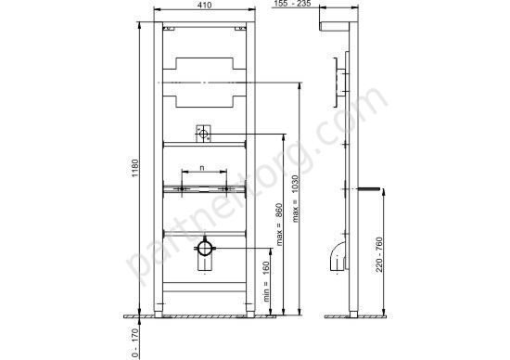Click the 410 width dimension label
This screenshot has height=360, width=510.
coord(204,5)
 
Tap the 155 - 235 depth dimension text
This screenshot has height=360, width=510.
coord(292,4)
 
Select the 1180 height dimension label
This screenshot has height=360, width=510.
coord(135,168)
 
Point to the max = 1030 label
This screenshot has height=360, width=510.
coord(295,199)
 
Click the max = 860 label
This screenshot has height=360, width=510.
coord(279,225)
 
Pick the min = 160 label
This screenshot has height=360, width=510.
coord(266,281)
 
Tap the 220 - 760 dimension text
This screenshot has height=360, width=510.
coord(379,254)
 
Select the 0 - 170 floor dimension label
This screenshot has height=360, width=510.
coord(135,343)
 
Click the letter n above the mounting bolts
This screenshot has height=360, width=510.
coord(202,168)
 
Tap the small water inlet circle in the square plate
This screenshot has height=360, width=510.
coord(203,134)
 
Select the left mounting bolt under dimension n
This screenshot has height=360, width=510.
coord(182,188)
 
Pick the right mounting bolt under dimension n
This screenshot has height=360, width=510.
coord(226,188)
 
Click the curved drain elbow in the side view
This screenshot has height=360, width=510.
coord(337,254)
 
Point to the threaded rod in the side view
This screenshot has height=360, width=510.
coord(369,188)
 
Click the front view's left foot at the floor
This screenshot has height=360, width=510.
coord(158,314)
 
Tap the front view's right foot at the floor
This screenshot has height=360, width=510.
coord(250,314)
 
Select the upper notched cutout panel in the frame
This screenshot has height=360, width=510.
coord(204,64)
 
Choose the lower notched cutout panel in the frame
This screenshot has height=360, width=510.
coord(204,101)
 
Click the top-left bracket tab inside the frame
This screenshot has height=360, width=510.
coord(169,29)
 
